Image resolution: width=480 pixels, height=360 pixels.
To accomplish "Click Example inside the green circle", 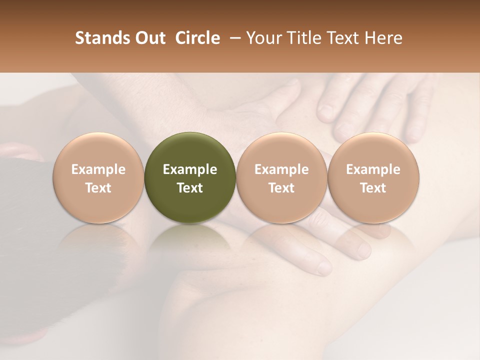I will tap(190, 169).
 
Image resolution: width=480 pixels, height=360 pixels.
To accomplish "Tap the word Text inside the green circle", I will tap(190, 188).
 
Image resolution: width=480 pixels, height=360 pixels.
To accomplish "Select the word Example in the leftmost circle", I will tap(98, 169).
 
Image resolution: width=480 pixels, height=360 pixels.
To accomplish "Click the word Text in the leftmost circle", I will tap(98, 188).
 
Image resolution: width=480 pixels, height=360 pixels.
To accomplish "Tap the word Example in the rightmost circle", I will tap(373, 169).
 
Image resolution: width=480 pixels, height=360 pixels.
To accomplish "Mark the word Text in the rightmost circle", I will tap(373, 188).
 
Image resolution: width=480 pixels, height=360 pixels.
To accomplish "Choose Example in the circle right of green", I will tap(281, 169).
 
